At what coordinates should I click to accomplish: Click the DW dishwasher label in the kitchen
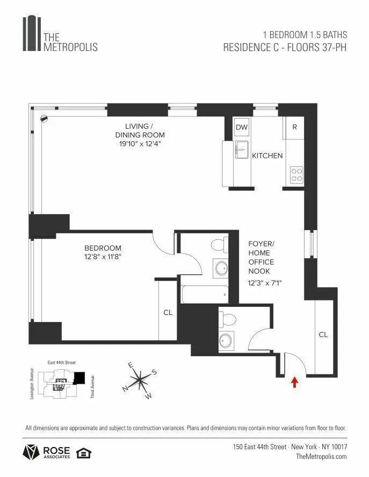point(242,127)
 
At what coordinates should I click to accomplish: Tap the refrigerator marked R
point(294,127)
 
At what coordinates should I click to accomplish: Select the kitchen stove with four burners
point(296,174)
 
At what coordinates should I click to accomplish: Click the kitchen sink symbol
point(241,150)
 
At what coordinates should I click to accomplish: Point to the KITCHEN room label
point(267,156)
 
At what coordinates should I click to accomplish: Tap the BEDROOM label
point(103,248)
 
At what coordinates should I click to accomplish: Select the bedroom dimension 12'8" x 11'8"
point(103,257)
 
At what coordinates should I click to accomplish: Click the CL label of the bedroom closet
point(168,312)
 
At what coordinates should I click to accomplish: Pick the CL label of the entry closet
point(323,334)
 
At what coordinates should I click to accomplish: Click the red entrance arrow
point(294,381)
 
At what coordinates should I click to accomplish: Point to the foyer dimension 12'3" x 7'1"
point(265,283)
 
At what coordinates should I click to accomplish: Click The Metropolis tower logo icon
point(32,34)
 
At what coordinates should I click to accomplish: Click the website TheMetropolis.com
point(321,457)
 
